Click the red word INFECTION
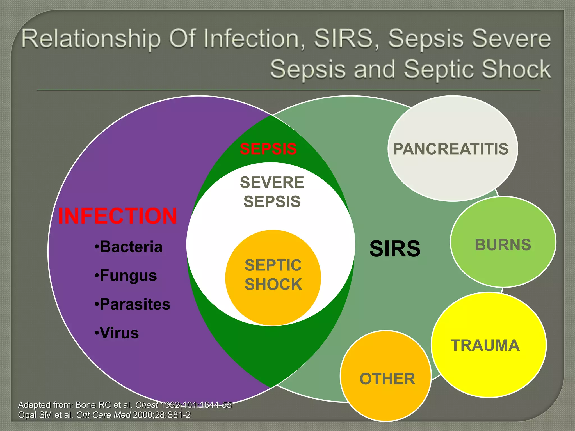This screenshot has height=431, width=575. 117,216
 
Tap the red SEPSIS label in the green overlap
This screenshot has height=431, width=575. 268,149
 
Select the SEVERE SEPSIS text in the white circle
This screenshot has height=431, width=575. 272,192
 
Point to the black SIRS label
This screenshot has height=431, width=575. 395,249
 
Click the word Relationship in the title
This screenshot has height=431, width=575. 91,39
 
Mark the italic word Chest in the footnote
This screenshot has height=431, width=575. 147,405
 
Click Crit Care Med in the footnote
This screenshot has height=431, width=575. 103,415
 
